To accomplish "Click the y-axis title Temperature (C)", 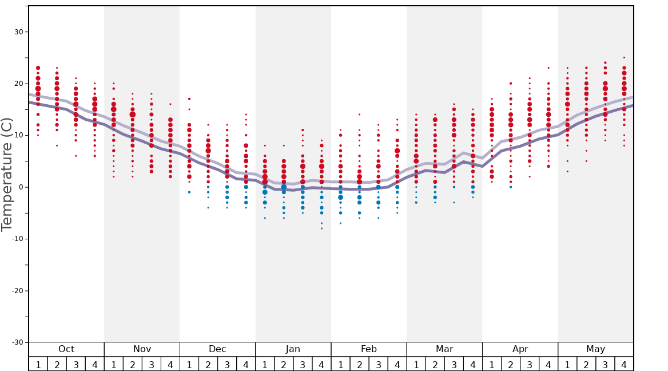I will [x=7, y=174].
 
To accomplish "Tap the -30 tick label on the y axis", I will [x=17, y=342].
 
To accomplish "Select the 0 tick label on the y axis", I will [x=21, y=187].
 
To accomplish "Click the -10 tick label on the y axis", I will [x=17, y=239].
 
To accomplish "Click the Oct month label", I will [x=66, y=349].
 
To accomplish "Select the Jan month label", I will [x=293, y=349].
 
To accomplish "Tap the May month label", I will [x=595, y=349].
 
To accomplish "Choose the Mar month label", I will [x=444, y=349].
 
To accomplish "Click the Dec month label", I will [x=217, y=349].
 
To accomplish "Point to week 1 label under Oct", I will [x=38, y=364].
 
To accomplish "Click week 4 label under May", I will [x=624, y=364].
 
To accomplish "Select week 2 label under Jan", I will [x=284, y=364].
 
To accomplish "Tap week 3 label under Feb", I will [x=378, y=364].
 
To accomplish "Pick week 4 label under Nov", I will [x=170, y=364].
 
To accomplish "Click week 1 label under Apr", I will [x=492, y=364].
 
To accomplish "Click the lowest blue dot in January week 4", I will [x=321, y=228].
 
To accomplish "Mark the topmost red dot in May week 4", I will [x=624, y=57].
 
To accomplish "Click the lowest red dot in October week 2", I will [x=57, y=145].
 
